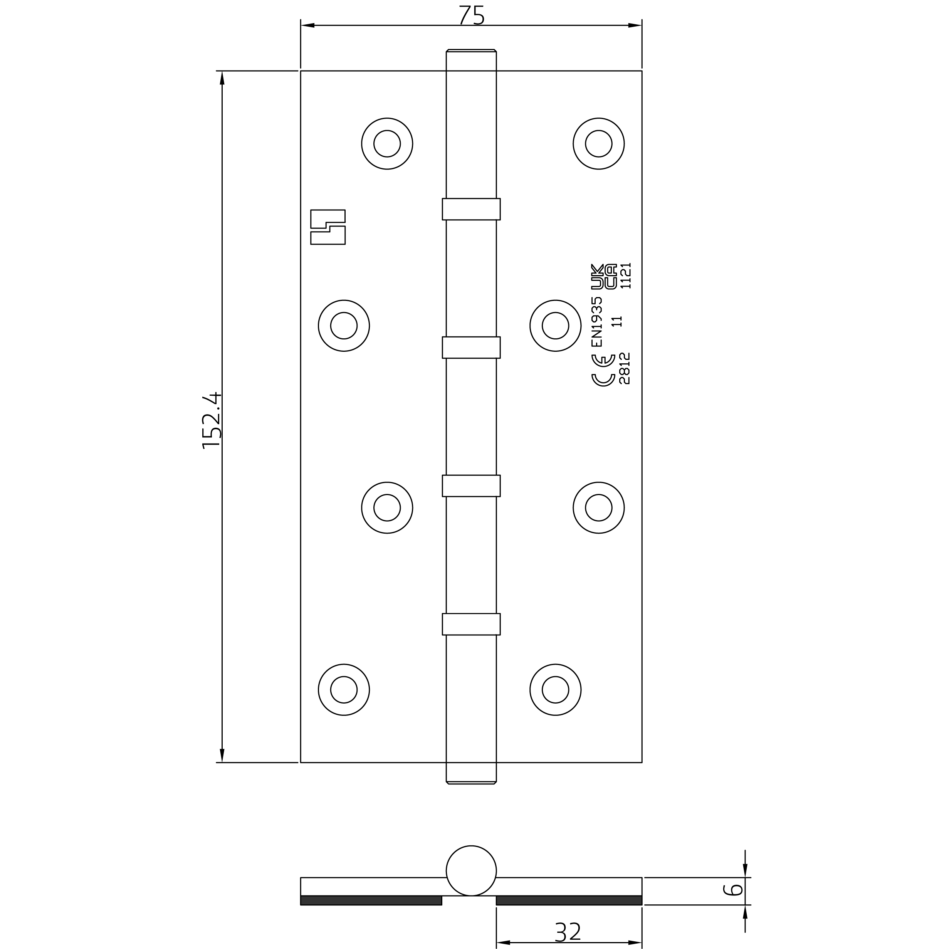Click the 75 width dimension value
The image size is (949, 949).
click(472, 15)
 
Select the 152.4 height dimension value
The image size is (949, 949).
click(212, 420)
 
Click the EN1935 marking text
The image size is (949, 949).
click(596, 322)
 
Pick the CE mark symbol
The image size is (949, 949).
click(603, 370)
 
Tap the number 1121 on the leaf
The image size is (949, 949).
click(625, 275)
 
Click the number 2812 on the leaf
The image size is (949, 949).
click(624, 368)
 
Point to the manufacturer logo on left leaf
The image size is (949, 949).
click(328, 227)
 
